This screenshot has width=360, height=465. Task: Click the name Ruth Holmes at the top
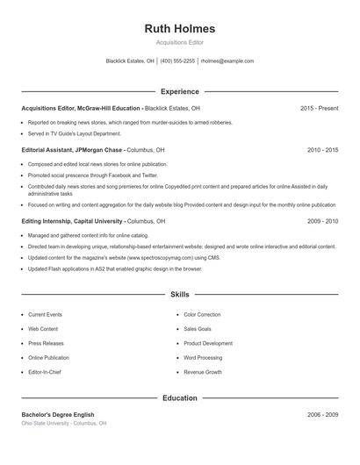tap(179, 29)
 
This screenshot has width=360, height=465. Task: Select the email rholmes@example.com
tap(227, 61)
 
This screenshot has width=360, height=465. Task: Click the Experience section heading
tap(179, 91)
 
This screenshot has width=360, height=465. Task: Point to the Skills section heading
tap(179, 295)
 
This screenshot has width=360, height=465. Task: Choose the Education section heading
tap(179, 398)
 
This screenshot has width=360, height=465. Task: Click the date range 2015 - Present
tap(319, 108)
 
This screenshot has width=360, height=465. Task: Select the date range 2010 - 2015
tap(322, 150)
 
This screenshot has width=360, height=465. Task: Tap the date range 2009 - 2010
tap(322, 222)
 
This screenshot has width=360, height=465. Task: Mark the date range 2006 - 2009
tap(322, 414)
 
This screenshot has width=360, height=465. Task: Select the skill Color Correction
tap(202, 314)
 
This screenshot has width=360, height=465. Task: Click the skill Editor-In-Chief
tap(46, 373)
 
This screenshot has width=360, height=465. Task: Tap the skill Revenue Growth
tap(202, 373)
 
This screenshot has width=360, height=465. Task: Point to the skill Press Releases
tap(46, 344)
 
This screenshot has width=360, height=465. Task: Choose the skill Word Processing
tap(203, 358)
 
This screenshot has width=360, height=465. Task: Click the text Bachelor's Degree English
tap(58, 414)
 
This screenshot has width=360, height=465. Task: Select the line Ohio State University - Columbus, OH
tap(64, 423)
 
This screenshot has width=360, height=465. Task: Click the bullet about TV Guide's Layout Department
tap(74, 134)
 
